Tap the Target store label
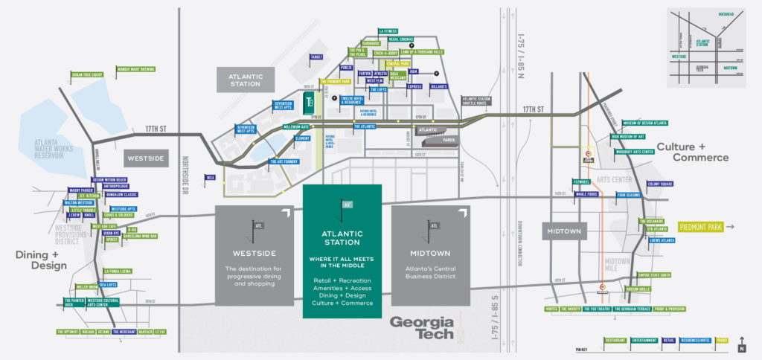(x=316, y=57)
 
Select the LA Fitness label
(x=388, y=31)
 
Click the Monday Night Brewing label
(x=135, y=69)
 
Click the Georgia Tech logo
(x=422, y=327)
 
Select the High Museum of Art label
(x=632, y=137)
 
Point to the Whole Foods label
(x=586, y=195)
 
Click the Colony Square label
(x=659, y=184)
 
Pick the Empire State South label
(x=654, y=275)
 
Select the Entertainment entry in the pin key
(x=644, y=341)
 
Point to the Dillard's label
(x=437, y=86)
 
